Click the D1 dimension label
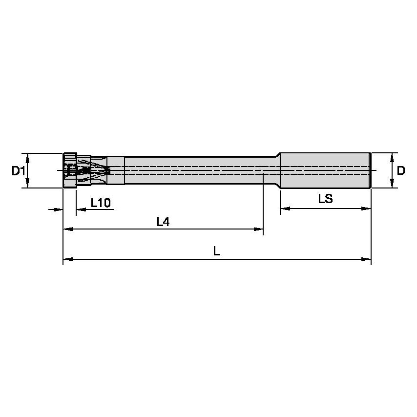(x=19, y=170)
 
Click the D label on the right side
(x=400, y=170)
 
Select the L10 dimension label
(x=101, y=203)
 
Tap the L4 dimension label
(x=163, y=222)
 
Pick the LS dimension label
(x=325, y=199)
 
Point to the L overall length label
(x=217, y=251)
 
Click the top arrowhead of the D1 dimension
(x=28, y=157)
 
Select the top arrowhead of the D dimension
(x=392, y=157)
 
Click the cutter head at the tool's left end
(x=70, y=170)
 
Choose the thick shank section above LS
(x=325, y=170)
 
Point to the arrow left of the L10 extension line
(x=59, y=209)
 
